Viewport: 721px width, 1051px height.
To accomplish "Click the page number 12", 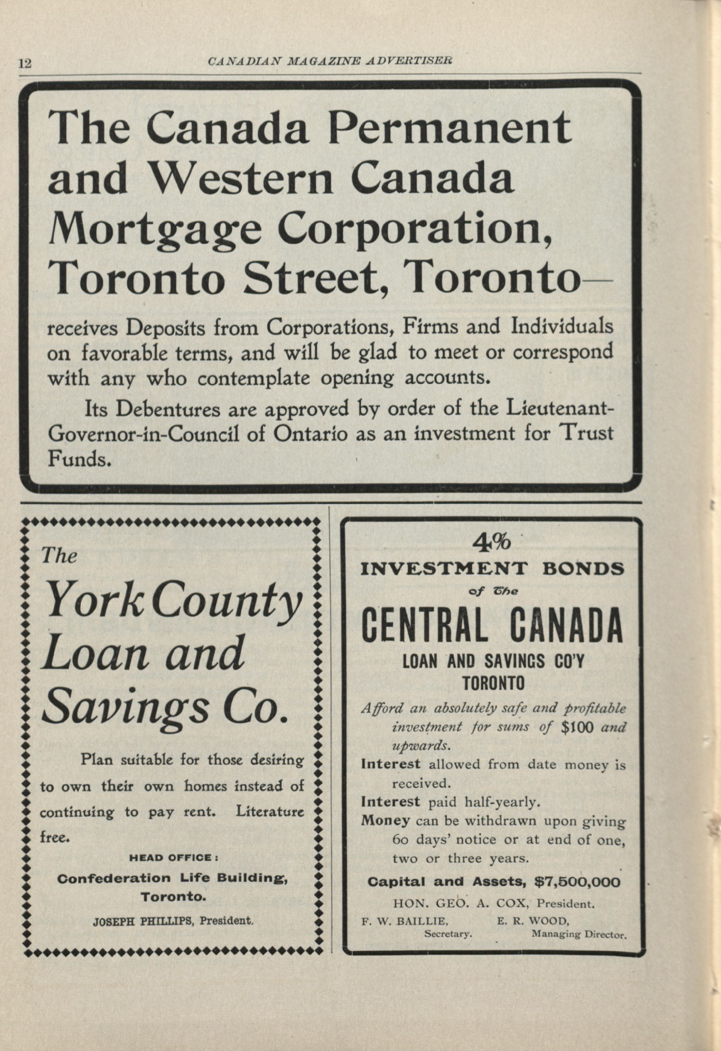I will click(x=25, y=63).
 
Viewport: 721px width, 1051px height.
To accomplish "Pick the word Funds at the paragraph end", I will click(x=79, y=460).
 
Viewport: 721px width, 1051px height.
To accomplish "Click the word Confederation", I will click(x=114, y=878).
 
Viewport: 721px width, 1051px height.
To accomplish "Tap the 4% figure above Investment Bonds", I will click(x=491, y=542).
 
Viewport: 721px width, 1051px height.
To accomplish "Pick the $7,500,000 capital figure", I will click(x=577, y=881).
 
